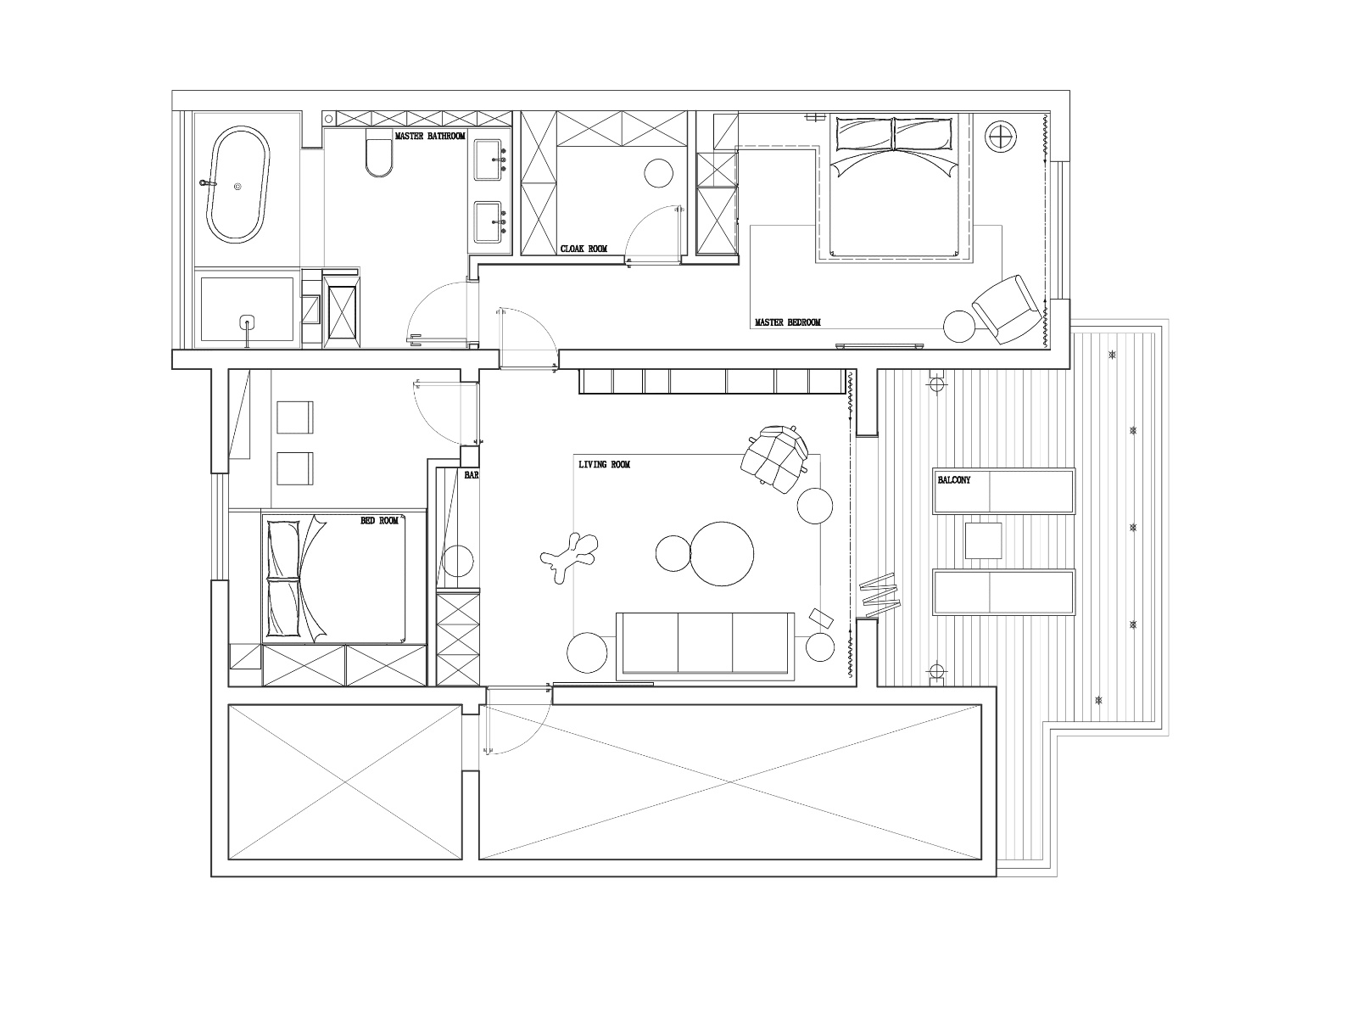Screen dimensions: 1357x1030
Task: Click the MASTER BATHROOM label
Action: tap(430, 136)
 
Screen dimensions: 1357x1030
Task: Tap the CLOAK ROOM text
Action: tap(584, 249)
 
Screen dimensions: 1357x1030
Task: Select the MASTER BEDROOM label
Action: tap(788, 322)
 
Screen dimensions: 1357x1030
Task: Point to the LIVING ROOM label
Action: tap(604, 464)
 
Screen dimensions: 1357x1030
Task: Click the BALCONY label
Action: tap(954, 479)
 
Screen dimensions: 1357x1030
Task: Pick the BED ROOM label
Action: tap(380, 521)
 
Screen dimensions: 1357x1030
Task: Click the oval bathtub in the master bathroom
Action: tap(238, 184)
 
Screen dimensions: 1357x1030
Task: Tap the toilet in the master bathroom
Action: tap(379, 153)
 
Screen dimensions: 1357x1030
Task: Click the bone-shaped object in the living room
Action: tap(569, 557)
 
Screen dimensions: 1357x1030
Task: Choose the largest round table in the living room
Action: tap(722, 553)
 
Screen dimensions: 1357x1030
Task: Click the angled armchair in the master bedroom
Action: tap(1005, 309)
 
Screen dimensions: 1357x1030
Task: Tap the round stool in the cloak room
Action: tap(658, 173)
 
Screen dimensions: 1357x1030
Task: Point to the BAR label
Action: tap(471, 475)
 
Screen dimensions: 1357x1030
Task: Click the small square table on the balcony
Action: tap(983, 541)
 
